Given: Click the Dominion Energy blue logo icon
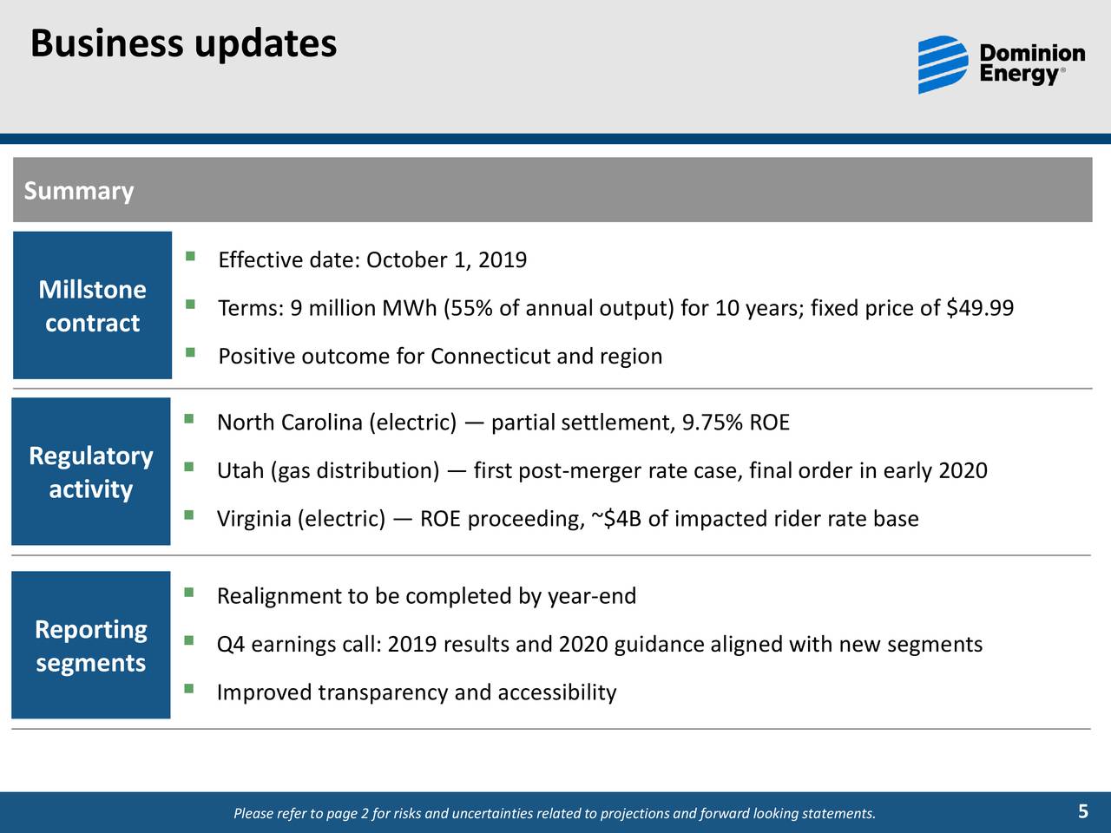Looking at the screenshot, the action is pos(943,64).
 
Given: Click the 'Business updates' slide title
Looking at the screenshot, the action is pos(183,44).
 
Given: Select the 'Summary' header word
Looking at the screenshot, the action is pos(79,191).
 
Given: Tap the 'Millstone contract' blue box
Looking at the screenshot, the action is pos(92,305).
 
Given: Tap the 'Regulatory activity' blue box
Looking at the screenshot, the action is pos(91,471).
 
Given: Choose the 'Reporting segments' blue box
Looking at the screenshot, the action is pos(91,645).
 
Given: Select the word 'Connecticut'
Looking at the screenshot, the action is pos(490,356).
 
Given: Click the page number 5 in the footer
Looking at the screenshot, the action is pos(1082,812).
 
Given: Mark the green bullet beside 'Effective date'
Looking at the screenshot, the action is pos(190,256).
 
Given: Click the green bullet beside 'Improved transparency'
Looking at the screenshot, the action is pos(189,688).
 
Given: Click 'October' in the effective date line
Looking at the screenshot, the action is pos(407,260).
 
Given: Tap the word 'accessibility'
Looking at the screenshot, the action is pos(557,692).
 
